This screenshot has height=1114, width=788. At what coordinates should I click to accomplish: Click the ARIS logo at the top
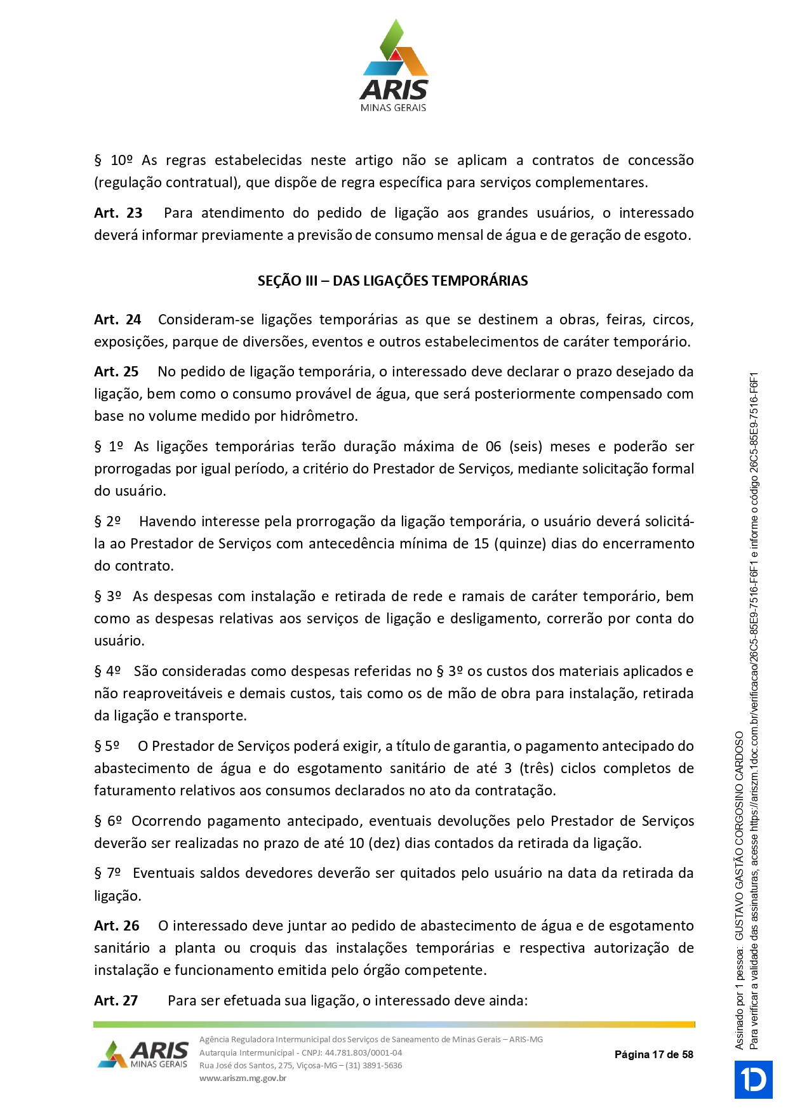click(394, 66)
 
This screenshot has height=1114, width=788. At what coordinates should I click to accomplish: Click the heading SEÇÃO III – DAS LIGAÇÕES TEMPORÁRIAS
click(392, 281)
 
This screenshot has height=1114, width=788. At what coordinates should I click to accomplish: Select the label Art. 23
click(118, 213)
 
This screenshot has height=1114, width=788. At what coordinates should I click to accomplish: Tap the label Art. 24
click(117, 320)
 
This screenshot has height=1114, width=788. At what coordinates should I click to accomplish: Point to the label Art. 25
click(116, 372)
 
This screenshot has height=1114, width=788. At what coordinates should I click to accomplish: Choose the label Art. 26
click(116, 926)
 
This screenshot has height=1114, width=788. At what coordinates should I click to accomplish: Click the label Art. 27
click(116, 1001)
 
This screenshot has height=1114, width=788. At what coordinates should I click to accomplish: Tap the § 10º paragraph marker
click(114, 161)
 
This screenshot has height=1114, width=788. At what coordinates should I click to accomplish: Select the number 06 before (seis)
click(493, 447)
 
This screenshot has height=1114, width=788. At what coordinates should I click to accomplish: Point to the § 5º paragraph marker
click(107, 746)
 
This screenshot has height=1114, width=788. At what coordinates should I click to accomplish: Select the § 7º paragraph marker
click(107, 873)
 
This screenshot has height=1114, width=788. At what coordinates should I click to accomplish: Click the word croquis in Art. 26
click(272, 948)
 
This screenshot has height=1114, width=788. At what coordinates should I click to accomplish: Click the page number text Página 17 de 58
click(653, 1054)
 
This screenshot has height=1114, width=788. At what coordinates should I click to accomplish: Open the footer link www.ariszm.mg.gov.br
click(243, 1078)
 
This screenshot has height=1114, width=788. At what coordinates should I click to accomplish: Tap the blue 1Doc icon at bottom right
click(753, 1079)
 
